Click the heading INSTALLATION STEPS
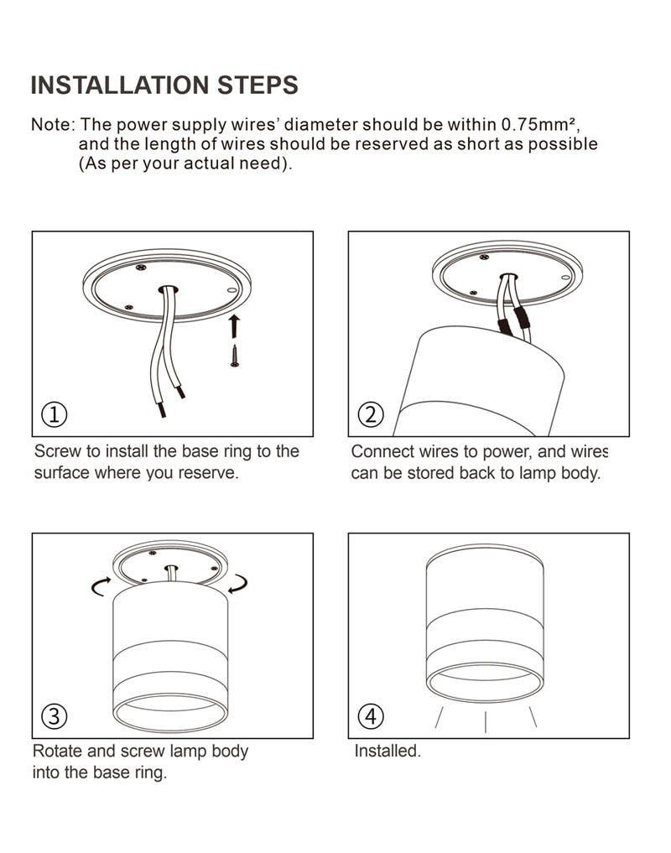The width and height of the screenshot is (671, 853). (x=164, y=85)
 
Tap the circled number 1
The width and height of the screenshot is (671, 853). (x=55, y=414)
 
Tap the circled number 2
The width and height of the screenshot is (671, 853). (x=370, y=414)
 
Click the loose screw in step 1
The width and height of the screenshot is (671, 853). (x=235, y=356)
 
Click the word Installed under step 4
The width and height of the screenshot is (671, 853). (x=387, y=751)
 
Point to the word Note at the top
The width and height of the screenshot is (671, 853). (x=53, y=124)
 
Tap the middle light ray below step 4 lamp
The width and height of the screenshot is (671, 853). (x=486, y=720)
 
